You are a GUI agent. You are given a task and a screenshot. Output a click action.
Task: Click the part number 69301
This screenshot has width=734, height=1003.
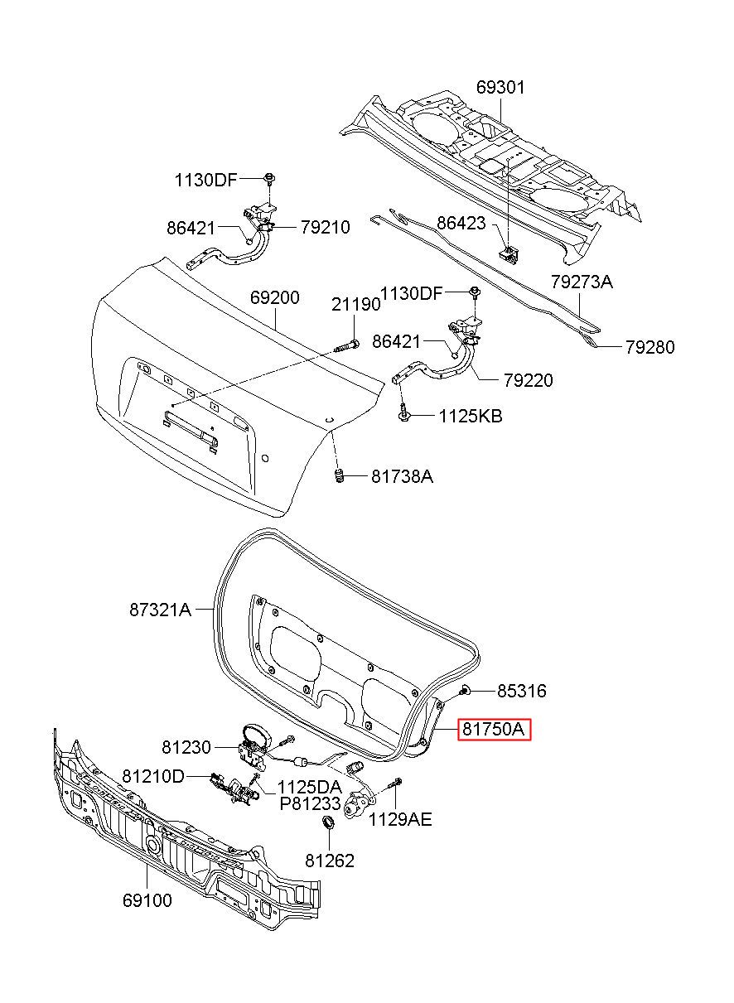(500, 87)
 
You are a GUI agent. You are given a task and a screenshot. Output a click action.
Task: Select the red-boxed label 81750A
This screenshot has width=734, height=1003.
(494, 730)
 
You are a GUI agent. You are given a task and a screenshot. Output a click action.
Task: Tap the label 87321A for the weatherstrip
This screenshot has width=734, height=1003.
(161, 610)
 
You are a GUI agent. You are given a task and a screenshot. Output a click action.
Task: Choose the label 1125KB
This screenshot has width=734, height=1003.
(471, 417)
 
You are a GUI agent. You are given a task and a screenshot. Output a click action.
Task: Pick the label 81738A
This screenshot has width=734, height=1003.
(402, 476)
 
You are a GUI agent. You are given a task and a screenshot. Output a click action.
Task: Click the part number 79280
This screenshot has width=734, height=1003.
(649, 348)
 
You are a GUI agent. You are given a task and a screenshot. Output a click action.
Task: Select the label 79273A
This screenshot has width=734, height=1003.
(582, 282)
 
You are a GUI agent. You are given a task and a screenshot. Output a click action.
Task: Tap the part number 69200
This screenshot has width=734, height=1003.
(274, 297)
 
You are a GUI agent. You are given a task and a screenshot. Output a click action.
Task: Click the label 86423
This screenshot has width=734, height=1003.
(461, 223)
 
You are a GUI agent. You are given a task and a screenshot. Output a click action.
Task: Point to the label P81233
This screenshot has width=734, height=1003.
(311, 803)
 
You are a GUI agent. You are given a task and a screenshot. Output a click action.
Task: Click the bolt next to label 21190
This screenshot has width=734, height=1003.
(346, 345)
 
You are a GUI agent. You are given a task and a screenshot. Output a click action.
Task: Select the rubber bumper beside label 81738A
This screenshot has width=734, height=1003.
(340, 475)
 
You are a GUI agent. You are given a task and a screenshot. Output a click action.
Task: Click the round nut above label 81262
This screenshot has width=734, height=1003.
(328, 823)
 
